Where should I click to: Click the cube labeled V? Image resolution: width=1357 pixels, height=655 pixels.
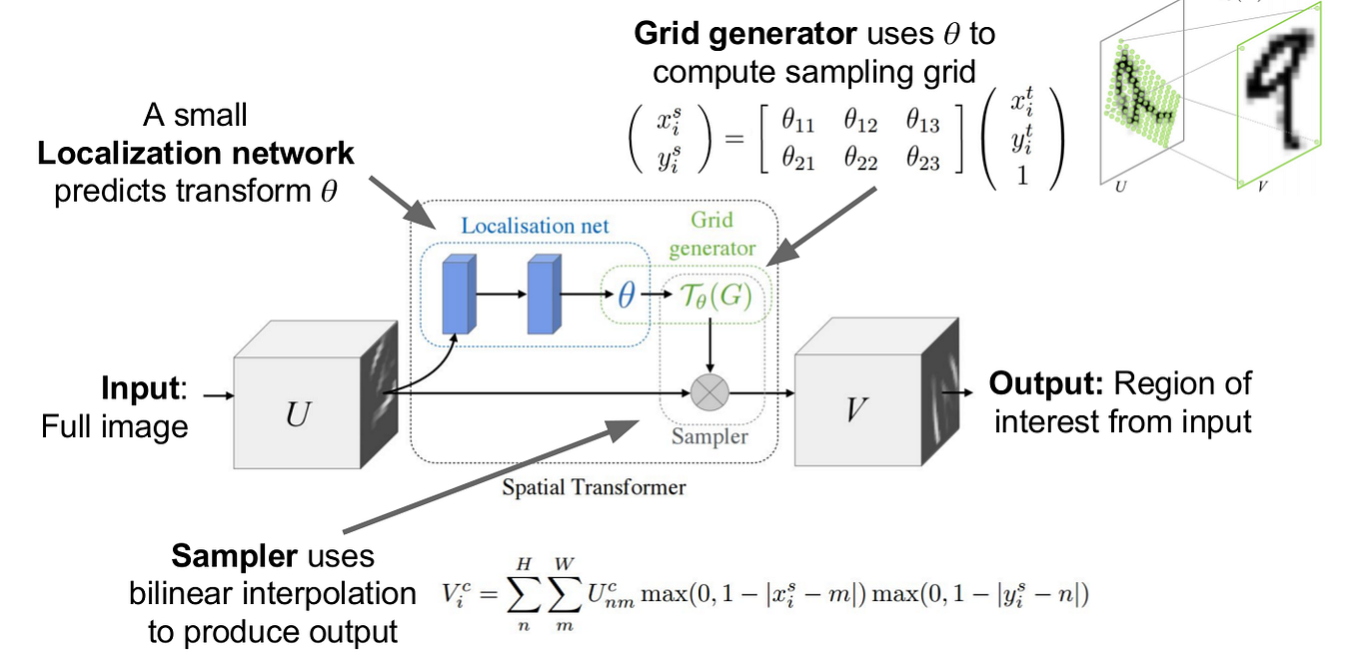(853, 409)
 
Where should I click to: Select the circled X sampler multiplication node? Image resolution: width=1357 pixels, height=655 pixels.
(710, 392)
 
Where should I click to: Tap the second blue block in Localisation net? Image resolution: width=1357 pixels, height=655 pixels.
(544, 295)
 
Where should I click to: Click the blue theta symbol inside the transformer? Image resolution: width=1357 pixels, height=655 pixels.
(627, 296)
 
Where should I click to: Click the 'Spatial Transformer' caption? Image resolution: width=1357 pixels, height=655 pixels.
(594, 487)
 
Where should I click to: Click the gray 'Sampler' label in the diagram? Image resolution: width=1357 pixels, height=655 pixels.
(709, 435)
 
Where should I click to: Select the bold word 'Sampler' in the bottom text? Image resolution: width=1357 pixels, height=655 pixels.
(229, 555)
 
